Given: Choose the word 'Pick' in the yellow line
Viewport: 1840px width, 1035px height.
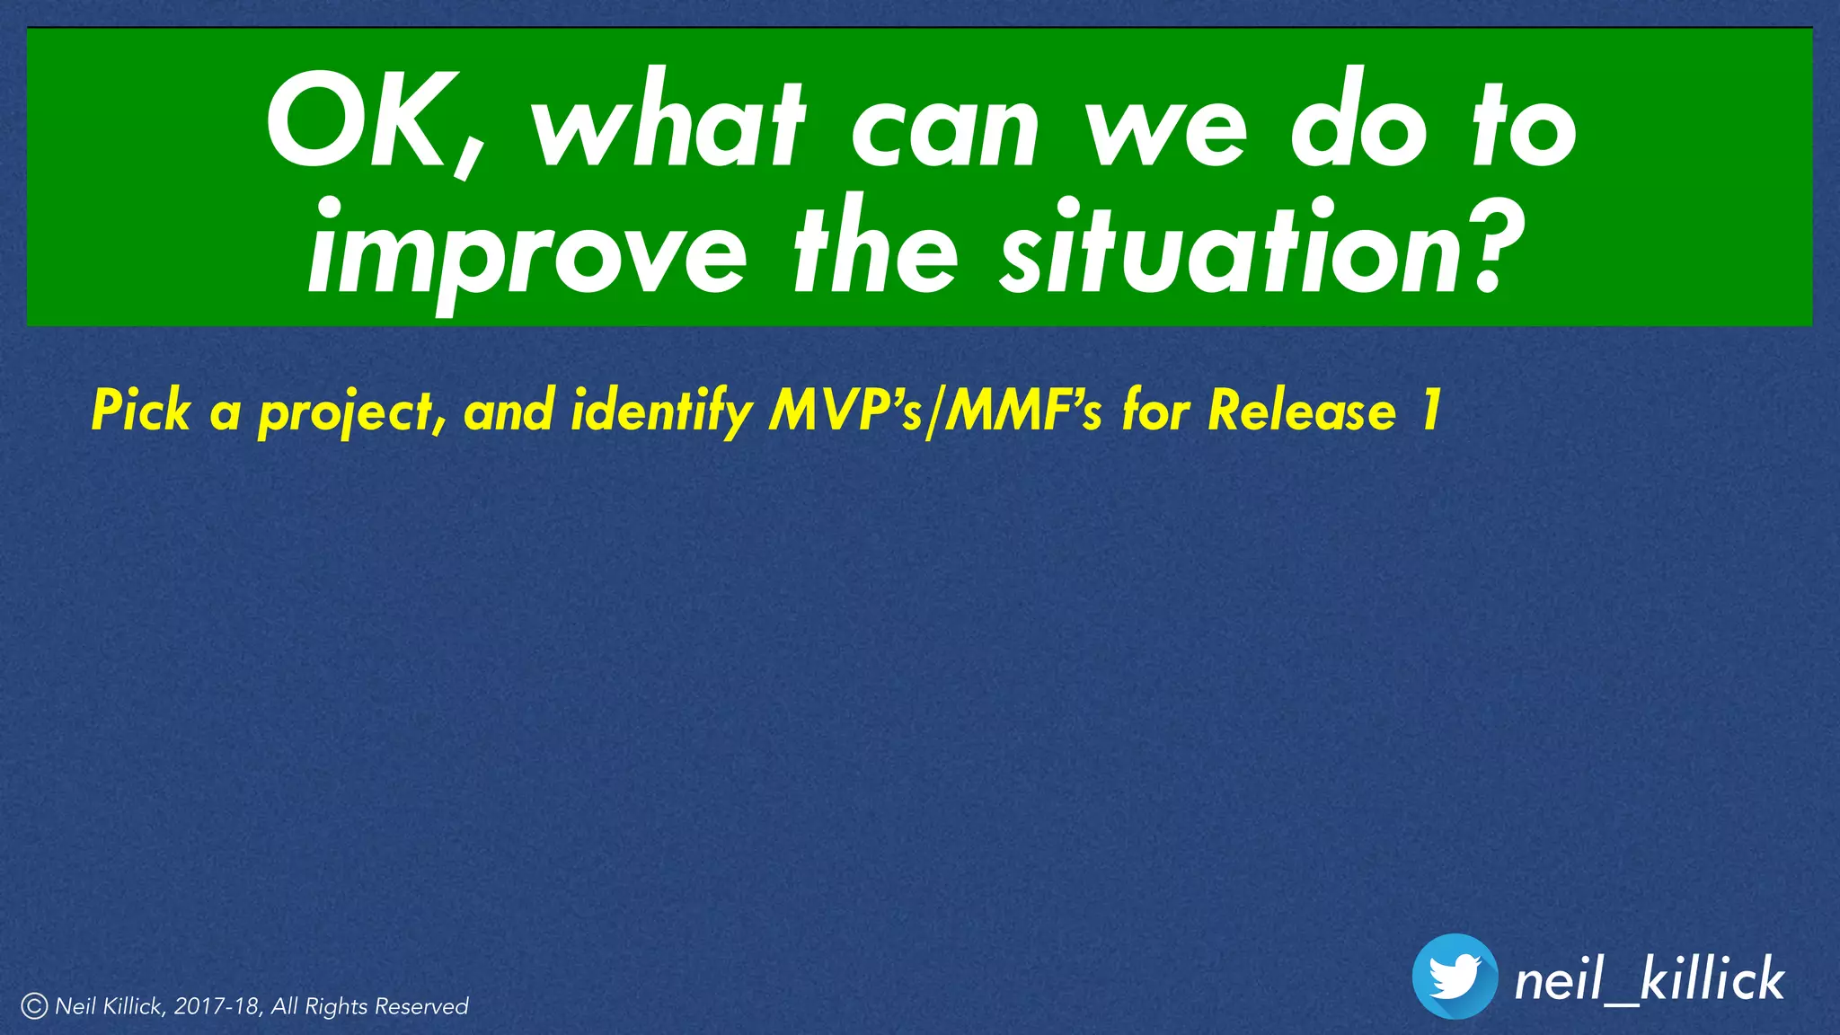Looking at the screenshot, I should [x=141, y=411].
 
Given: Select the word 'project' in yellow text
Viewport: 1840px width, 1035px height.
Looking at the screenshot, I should [x=350, y=413].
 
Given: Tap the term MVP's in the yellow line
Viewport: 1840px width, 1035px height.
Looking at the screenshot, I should [x=845, y=411].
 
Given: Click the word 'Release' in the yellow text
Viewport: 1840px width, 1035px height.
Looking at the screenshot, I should [x=1302, y=411].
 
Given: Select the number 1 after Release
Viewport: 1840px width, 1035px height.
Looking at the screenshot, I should [x=1429, y=411].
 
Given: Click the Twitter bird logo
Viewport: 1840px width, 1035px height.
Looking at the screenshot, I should [x=1455, y=977].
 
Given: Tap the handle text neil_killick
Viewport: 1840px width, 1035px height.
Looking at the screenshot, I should [x=1649, y=979].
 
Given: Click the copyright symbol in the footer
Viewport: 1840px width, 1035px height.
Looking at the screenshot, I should [x=34, y=1006].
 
